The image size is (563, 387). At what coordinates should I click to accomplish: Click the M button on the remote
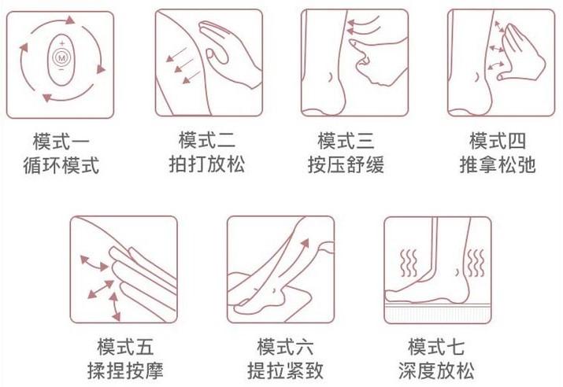61,57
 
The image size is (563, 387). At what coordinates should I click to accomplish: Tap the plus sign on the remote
61,43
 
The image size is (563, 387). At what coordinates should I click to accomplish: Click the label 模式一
61,142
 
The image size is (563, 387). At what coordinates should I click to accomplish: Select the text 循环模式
61,165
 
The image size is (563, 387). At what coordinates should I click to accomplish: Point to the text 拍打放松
207,164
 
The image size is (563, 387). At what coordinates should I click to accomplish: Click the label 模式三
346,141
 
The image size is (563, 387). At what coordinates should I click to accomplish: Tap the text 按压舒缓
346,164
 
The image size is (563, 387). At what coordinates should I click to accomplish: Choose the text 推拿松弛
498,164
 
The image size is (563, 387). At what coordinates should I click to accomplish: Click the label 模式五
125,346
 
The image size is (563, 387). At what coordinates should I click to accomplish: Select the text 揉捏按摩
125,370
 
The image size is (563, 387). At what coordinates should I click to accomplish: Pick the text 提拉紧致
286,370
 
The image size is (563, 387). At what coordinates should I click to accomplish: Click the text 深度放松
436,370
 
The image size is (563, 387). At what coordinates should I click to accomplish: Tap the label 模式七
436,346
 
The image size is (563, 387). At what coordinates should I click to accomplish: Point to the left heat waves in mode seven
409,263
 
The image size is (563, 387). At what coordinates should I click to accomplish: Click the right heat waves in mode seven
476,263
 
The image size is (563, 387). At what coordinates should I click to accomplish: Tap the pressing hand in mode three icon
378,61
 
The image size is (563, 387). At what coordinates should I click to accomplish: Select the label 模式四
498,141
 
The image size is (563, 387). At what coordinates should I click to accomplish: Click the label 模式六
286,346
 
